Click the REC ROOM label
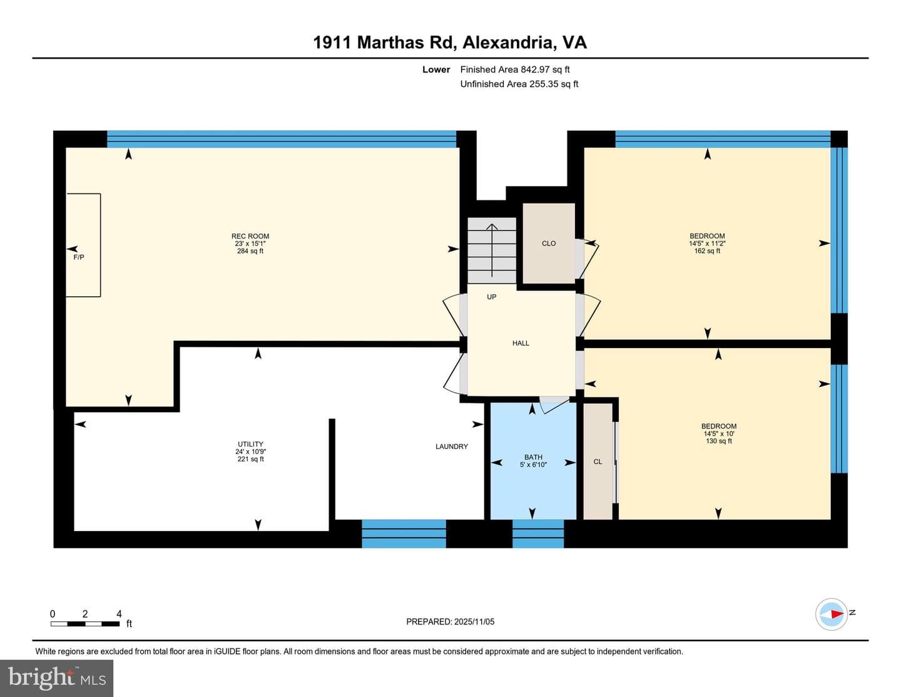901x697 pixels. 250,236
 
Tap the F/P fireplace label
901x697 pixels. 79,257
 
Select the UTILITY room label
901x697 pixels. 250,444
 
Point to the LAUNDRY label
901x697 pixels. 452,447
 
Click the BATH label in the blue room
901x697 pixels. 533,457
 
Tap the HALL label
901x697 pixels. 521,343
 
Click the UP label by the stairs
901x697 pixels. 491,297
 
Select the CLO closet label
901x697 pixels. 549,244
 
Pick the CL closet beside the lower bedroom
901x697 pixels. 598,462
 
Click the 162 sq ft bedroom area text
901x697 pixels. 707,251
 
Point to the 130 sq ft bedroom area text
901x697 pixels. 718,441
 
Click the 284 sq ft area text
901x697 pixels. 250,251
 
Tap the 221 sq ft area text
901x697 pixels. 250,459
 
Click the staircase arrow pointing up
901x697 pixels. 492,250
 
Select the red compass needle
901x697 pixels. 838,614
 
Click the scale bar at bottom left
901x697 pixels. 85,624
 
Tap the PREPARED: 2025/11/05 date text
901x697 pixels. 450,621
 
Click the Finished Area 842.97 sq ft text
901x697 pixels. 515,70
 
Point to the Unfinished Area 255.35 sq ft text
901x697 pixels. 519,84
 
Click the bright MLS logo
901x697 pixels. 57,678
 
